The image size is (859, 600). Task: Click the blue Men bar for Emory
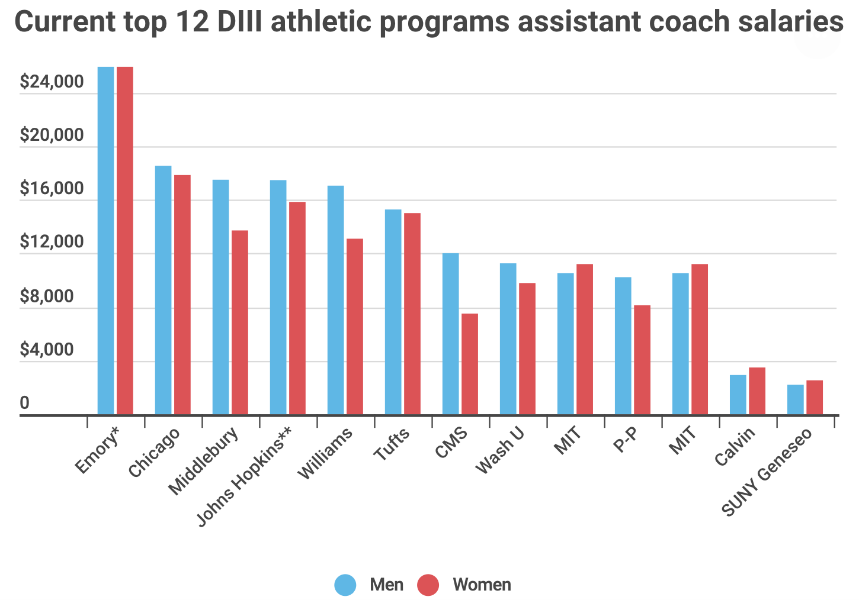pos(105,240)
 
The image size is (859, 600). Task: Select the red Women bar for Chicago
pos(182,295)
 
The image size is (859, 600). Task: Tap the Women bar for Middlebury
pos(240,322)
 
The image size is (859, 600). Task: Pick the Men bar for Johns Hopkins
pos(278,297)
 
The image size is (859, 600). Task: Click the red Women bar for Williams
pos(355,327)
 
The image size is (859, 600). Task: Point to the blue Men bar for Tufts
pos(393,312)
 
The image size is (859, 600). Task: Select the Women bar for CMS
pos(470,364)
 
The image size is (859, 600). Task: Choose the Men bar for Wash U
pos(508,339)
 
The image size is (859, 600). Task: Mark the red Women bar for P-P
pos(642,360)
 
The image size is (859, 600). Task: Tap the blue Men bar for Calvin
pos(738,395)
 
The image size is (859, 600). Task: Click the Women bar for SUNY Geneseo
pos(815,397)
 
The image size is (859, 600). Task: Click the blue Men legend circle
pos(345,585)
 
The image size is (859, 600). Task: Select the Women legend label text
pos(482,585)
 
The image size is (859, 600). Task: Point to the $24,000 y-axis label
pos(52,82)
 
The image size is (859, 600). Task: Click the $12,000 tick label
pos(52,243)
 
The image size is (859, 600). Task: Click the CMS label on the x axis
pos(451,443)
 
